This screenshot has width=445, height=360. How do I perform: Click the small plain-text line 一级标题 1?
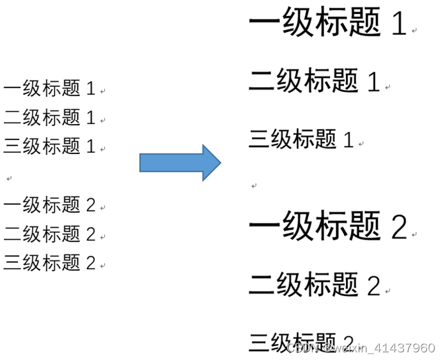(x=49, y=88)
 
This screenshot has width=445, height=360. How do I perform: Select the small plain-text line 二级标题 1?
(x=49, y=117)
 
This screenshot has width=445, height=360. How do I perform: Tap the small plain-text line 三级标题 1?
(x=49, y=146)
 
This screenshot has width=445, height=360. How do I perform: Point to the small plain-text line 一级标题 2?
(x=49, y=205)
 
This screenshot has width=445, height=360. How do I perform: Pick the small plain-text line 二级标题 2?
(x=49, y=233)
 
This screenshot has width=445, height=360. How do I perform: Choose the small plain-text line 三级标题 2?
(x=49, y=262)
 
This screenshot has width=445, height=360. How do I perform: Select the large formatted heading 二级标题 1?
(x=314, y=81)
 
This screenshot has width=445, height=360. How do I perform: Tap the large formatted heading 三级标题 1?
(x=301, y=139)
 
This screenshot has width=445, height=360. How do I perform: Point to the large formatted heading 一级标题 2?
(x=327, y=226)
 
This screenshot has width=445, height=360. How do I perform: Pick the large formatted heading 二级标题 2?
(x=314, y=285)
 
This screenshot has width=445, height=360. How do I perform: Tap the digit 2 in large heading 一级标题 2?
(x=398, y=227)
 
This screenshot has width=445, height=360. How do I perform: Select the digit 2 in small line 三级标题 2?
(x=90, y=263)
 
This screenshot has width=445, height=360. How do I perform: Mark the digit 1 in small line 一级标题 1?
(x=90, y=89)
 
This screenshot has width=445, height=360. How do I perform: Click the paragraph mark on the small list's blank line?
(x=9, y=177)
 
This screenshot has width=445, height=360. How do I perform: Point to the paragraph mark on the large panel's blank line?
(x=254, y=186)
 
